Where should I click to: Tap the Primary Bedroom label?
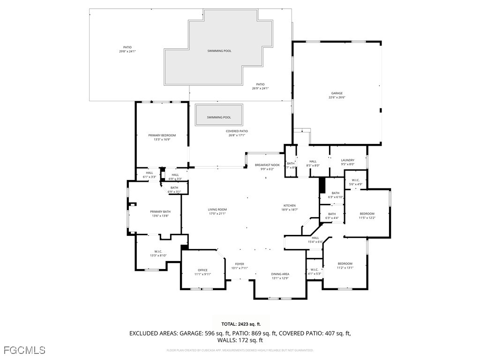pyautogui.click(x=162, y=137)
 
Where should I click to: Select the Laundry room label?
pyautogui.click(x=347, y=162)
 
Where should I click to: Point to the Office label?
pyautogui.click(x=202, y=272)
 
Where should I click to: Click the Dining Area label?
pyautogui.click(x=280, y=276)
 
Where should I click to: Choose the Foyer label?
pyautogui.click(x=240, y=266)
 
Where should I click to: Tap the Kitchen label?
pyautogui.click(x=289, y=208)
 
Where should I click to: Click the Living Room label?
pyautogui.click(x=217, y=211)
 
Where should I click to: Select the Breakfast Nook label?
pyautogui.click(x=267, y=167)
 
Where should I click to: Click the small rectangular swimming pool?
pyautogui.click(x=219, y=115)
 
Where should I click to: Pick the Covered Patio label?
pyautogui.click(x=237, y=133)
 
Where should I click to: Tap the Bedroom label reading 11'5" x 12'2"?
pyautogui.click(x=367, y=215)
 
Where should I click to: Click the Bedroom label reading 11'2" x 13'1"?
pyautogui.click(x=345, y=266)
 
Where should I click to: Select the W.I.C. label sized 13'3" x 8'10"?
pyautogui.click(x=158, y=253)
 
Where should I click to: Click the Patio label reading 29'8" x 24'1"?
pyautogui.click(x=127, y=49)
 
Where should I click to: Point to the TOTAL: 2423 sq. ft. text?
pyautogui.click(x=241, y=324)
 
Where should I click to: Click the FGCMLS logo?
pyautogui.click(x=24, y=350)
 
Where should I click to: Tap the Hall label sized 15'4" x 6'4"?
pyautogui.click(x=315, y=240)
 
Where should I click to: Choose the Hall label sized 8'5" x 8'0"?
pyautogui.click(x=313, y=163)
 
